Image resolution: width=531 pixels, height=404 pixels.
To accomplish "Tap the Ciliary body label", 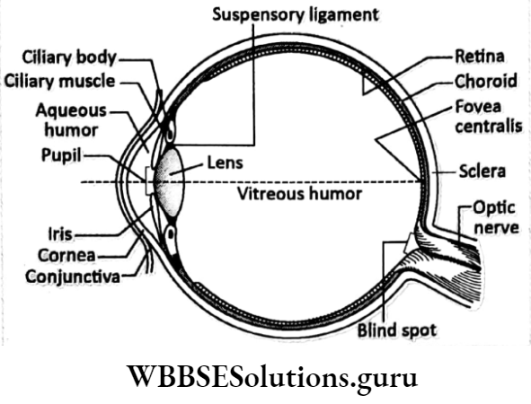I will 70,58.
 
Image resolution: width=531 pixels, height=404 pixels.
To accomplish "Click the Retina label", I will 480,56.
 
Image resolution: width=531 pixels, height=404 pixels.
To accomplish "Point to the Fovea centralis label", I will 488,118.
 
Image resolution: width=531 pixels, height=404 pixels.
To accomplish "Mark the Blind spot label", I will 395,329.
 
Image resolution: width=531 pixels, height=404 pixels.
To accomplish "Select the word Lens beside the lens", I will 225,165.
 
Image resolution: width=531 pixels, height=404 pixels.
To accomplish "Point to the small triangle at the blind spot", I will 410,243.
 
